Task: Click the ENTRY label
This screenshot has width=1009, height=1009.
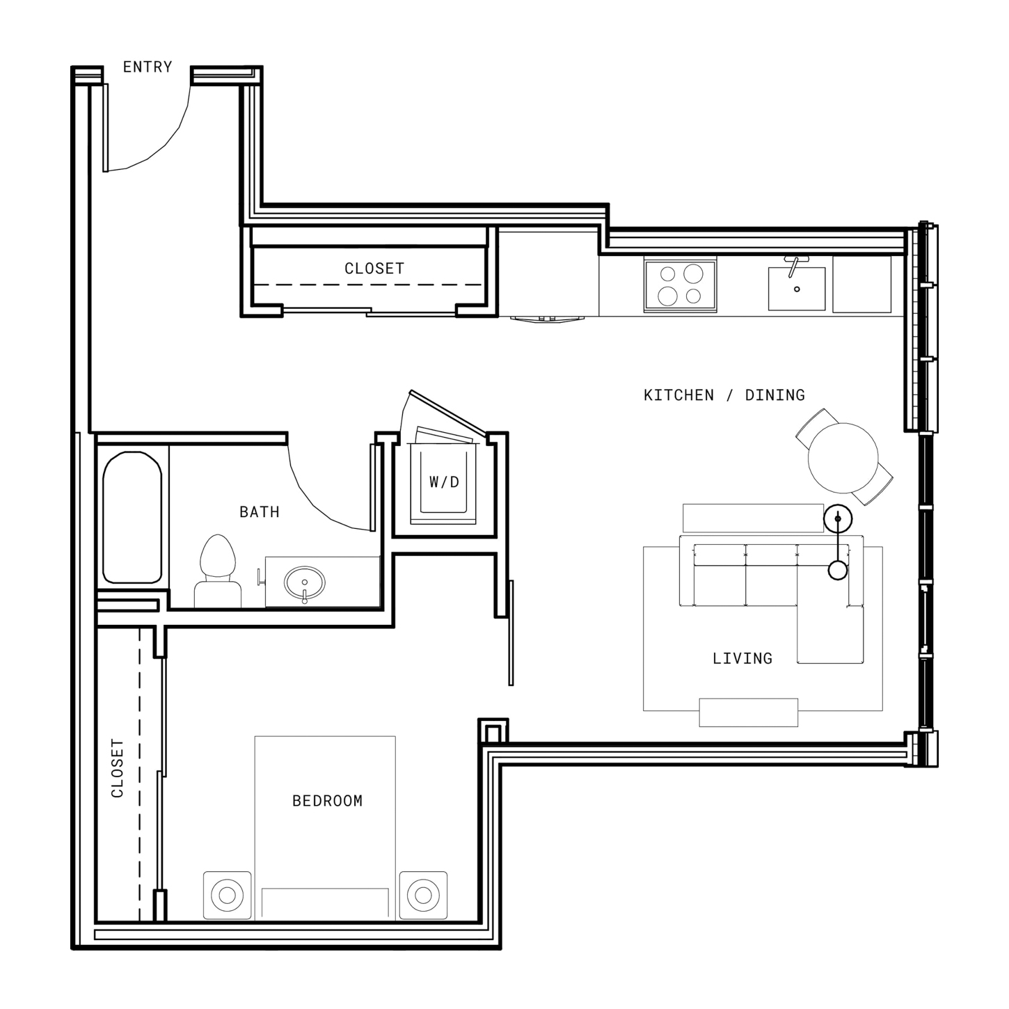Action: pyautogui.click(x=147, y=67)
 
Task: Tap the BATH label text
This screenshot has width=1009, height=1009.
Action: pyautogui.click(x=259, y=511)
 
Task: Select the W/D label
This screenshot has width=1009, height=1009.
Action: pyautogui.click(x=444, y=482)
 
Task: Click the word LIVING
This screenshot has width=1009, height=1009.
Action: pyautogui.click(x=742, y=658)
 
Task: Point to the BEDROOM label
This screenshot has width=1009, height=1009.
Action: pyautogui.click(x=327, y=801)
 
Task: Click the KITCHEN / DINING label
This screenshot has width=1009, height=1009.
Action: pyautogui.click(x=724, y=395)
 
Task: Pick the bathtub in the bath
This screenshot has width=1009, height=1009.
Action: pyautogui.click(x=132, y=517)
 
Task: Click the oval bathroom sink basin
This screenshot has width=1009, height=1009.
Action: pyautogui.click(x=304, y=582)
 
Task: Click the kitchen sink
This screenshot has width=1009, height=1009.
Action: pyautogui.click(x=796, y=289)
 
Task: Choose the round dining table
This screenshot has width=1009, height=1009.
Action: pyautogui.click(x=843, y=458)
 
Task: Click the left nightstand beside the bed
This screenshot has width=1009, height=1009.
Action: pyautogui.click(x=228, y=895)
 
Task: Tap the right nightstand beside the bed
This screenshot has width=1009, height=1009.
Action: pyautogui.click(x=423, y=895)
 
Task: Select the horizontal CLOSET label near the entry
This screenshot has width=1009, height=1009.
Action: pyautogui.click(x=374, y=269)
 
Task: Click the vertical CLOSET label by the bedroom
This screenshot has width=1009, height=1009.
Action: pyautogui.click(x=118, y=768)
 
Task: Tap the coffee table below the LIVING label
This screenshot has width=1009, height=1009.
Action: pyautogui.click(x=748, y=712)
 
